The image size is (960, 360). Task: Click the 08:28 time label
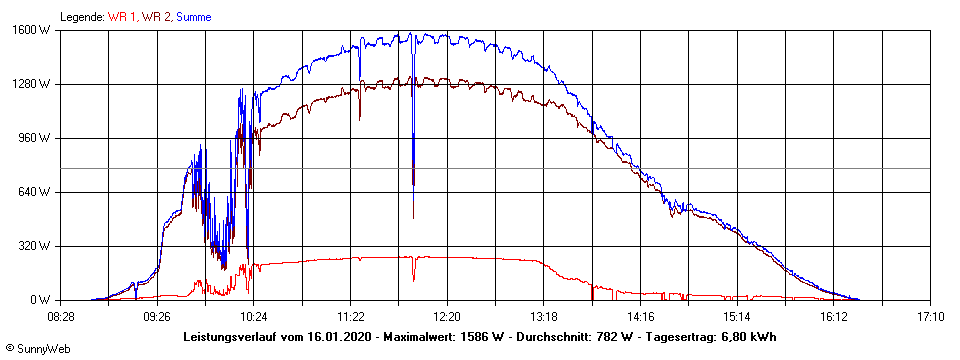(x=61, y=316)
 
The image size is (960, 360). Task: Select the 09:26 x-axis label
(x=157, y=316)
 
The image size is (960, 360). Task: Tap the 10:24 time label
(x=254, y=316)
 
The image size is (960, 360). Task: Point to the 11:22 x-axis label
(x=351, y=316)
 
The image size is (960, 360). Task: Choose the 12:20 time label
(x=447, y=316)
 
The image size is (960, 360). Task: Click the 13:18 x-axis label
(x=544, y=316)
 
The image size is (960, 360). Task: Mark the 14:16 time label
(x=640, y=316)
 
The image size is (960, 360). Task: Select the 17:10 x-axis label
(x=930, y=316)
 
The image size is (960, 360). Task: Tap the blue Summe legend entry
(x=193, y=17)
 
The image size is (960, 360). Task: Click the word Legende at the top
(x=81, y=17)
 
